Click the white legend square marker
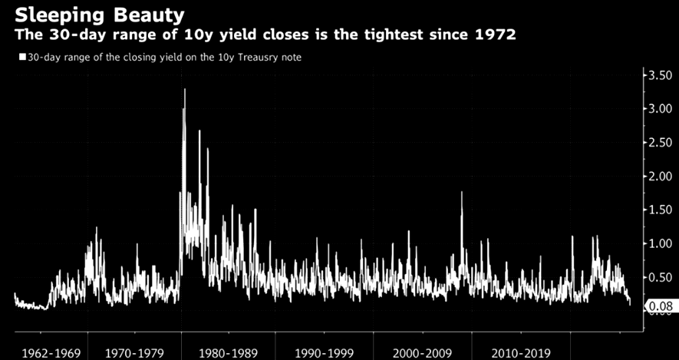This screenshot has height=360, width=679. [21, 57]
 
